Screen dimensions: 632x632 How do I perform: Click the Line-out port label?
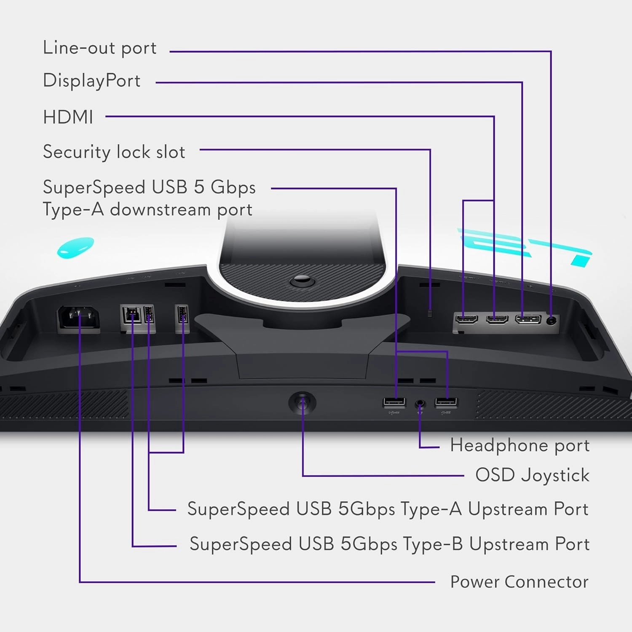click(99, 48)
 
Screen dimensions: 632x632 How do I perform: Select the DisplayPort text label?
click(91, 80)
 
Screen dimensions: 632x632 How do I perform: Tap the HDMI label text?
click(68, 117)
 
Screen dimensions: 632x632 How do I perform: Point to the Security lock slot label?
click(114, 152)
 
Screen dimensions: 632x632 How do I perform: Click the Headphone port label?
click(520, 445)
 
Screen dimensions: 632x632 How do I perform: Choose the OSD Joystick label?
click(532, 475)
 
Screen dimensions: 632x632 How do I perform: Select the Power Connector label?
click(519, 582)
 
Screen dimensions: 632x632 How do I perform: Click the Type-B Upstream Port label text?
click(389, 544)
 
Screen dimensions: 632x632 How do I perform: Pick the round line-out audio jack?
click(551, 320)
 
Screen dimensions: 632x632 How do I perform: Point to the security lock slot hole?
click(430, 313)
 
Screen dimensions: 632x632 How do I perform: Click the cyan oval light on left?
click(75, 247)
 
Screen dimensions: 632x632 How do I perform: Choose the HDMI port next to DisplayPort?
click(497, 319)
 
